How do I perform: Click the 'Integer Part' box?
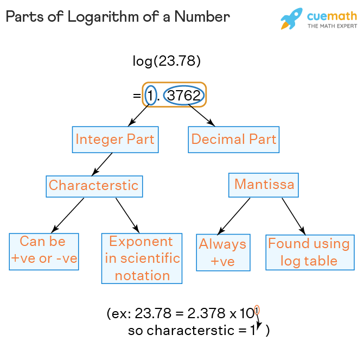(x=115, y=140)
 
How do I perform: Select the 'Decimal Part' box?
(x=234, y=140)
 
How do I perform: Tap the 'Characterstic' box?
(x=94, y=186)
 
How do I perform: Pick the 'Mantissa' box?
(x=264, y=185)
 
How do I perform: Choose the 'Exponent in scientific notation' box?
(x=142, y=258)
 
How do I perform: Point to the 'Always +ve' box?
(x=222, y=252)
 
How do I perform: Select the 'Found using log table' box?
(x=309, y=252)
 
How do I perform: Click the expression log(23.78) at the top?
(x=167, y=61)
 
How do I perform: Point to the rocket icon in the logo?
(x=291, y=19)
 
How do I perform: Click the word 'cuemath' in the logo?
(x=332, y=15)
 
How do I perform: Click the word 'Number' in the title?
(x=205, y=16)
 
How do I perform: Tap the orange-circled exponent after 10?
(x=257, y=310)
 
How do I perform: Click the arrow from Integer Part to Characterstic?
(x=103, y=163)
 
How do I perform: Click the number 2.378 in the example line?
(x=203, y=314)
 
